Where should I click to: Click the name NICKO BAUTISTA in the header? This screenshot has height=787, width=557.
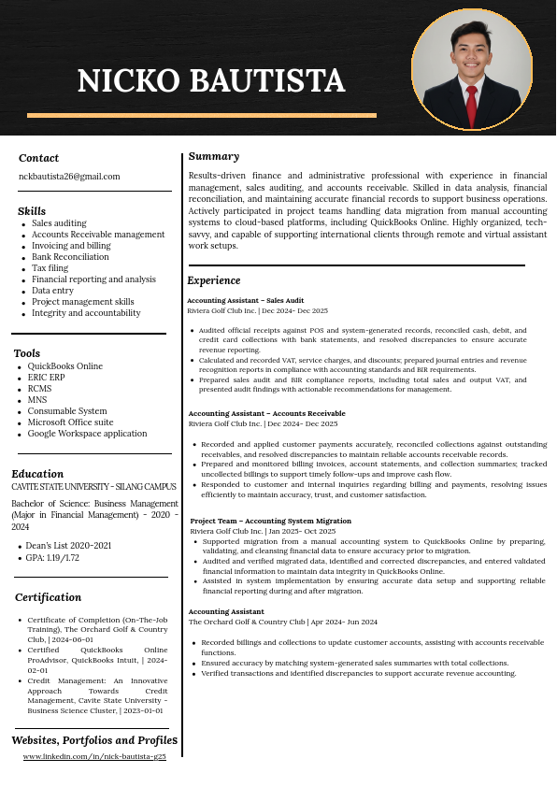click(x=211, y=81)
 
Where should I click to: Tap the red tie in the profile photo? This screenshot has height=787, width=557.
click(x=472, y=104)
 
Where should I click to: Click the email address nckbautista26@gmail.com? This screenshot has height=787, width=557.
click(x=69, y=176)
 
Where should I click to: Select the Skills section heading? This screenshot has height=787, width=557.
click(x=32, y=211)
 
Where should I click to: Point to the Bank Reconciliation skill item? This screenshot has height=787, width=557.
click(x=70, y=256)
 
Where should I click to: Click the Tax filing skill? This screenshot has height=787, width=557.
click(x=50, y=267)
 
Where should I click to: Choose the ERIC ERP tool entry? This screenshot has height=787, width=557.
click(x=46, y=378)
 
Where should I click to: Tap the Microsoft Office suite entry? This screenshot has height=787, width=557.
click(x=70, y=422)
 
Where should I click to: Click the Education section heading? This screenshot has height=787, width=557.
click(x=37, y=473)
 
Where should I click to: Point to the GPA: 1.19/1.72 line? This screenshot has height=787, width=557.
click(x=52, y=558)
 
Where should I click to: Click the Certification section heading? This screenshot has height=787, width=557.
click(x=48, y=597)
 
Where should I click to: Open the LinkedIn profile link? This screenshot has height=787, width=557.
click(x=94, y=756)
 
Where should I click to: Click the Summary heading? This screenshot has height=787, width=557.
click(x=213, y=156)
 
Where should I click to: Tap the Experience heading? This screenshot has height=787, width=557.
click(x=214, y=280)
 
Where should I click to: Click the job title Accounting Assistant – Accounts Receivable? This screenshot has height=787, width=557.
click(x=266, y=413)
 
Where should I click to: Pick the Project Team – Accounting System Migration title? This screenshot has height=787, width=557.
click(x=271, y=521)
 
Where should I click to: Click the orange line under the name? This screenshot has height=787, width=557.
click(x=202, y=115)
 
